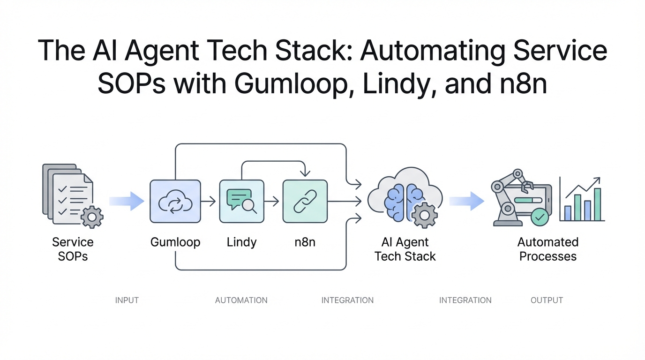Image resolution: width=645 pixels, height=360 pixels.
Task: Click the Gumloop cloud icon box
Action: pos(175,201)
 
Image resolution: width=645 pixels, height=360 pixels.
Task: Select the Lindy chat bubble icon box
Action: pos(241,201)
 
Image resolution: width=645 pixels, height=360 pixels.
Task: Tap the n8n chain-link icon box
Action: pos(305,201)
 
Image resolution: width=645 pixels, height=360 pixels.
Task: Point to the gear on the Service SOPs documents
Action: pos(92,216)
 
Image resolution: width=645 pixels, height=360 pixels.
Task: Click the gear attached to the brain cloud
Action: pos(425,215)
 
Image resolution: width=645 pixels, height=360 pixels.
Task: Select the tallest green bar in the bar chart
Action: pos(597,204)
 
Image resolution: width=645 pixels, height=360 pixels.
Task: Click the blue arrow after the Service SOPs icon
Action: pos(127,201)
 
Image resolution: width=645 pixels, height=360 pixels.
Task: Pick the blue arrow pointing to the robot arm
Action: pos(466,201)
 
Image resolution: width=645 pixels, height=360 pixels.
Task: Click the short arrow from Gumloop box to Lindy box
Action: pos(208,202)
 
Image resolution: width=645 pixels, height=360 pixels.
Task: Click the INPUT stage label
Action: pos(127,300)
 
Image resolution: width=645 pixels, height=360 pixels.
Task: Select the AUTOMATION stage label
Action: pos(241,300)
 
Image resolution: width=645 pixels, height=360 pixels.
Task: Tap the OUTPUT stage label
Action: pos(547,300)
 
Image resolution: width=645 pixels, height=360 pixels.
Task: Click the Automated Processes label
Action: pos(547,249)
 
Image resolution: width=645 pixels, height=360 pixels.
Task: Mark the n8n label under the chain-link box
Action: pos(305,242)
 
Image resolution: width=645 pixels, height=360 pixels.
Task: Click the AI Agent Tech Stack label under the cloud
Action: pos(405,249)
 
